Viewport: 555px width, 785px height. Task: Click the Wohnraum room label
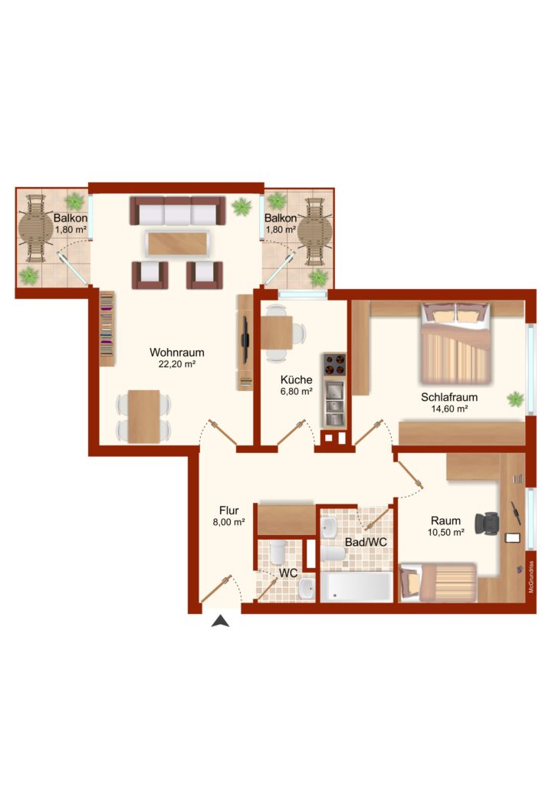point(176,353)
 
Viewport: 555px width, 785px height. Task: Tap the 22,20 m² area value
point(176,364)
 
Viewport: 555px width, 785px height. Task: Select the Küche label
point(296,379)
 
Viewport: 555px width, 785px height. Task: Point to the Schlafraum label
point(449,397)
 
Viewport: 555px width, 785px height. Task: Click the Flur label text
point(228,511)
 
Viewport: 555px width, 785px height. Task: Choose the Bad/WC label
point(366,542)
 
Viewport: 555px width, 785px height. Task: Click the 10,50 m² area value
point(445,533)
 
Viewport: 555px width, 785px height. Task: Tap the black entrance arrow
point(220,622)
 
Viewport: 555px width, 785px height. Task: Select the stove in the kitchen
point(334,364)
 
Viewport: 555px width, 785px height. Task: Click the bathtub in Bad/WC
point(356,587)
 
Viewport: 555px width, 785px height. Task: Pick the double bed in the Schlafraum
point(455,343)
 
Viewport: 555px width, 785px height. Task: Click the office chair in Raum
point(487,524)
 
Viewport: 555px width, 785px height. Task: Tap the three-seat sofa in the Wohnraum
point(177,210)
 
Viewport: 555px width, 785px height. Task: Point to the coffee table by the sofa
point(178,244)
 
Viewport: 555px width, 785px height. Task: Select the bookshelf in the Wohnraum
point(107,329)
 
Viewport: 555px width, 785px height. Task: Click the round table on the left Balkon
point(35,228)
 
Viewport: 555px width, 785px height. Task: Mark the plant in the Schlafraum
point(515,399)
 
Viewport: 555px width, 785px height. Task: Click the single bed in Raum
point(438,583)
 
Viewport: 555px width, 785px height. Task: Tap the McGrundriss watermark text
point(531,576)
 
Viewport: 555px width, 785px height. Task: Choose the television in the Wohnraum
point(245,340)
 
